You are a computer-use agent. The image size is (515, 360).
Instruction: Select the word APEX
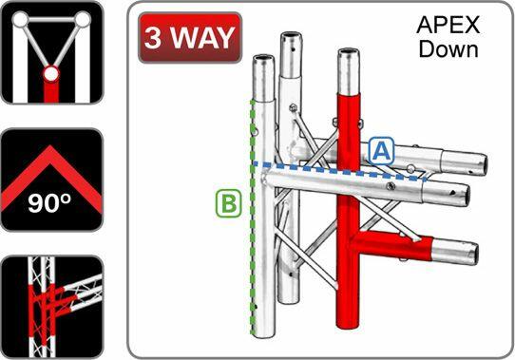click(x=448, y=26)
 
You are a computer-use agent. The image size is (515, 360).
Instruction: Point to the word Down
click(x=448, y=48)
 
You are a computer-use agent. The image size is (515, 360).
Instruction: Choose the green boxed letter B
click(x=227, y=201)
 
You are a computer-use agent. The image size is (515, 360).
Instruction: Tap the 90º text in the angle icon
click(x=50, y=202)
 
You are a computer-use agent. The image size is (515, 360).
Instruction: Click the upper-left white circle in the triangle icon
click(x=19, y=18)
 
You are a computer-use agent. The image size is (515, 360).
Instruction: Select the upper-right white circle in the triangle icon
click(x=84, y=18)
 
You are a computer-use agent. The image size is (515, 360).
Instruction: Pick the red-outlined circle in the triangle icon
click(x=51, y=72)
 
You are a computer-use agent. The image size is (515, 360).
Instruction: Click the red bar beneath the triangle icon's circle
click(x=51, y=92)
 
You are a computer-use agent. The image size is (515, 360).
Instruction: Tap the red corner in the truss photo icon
click(x=48, y=302)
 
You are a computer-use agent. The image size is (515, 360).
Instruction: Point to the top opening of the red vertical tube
click(x=350, y=48)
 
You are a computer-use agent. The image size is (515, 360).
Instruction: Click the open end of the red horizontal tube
click(x=469, y=252)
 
